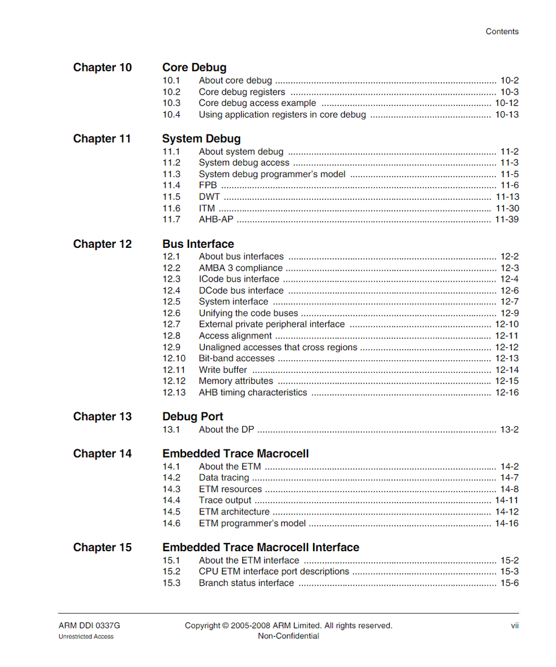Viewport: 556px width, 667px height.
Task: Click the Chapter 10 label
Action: (102, 68)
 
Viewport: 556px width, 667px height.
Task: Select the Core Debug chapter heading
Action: (194, 68)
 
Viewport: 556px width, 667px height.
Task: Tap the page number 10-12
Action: (506, 103)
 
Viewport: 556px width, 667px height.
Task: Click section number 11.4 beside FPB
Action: (171, 185)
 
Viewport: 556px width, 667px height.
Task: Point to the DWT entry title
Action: (209, 197)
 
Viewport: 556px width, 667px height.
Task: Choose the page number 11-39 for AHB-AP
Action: (506, 220)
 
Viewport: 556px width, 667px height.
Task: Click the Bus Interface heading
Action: (198, 244)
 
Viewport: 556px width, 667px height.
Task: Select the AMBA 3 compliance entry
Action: (241, 268)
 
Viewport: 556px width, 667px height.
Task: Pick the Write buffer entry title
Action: (222, 370)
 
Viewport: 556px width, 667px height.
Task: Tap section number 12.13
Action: (174, 393)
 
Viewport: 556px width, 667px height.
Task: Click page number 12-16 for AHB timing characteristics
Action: (506, 393)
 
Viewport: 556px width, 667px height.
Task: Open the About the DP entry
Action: (226, 430)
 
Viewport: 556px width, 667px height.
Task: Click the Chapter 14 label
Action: (102, 454)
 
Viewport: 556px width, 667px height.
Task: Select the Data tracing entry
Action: (224, 478)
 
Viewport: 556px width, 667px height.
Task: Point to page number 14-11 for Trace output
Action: (506, 500)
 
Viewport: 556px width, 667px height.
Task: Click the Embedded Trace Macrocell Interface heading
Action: (260, 548)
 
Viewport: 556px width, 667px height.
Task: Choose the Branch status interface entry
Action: (246, 583)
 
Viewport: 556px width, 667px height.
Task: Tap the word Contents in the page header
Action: (502, 32)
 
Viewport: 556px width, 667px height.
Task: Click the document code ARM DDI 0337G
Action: (89, 625)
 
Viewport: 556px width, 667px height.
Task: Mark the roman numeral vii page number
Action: (514, 625)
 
